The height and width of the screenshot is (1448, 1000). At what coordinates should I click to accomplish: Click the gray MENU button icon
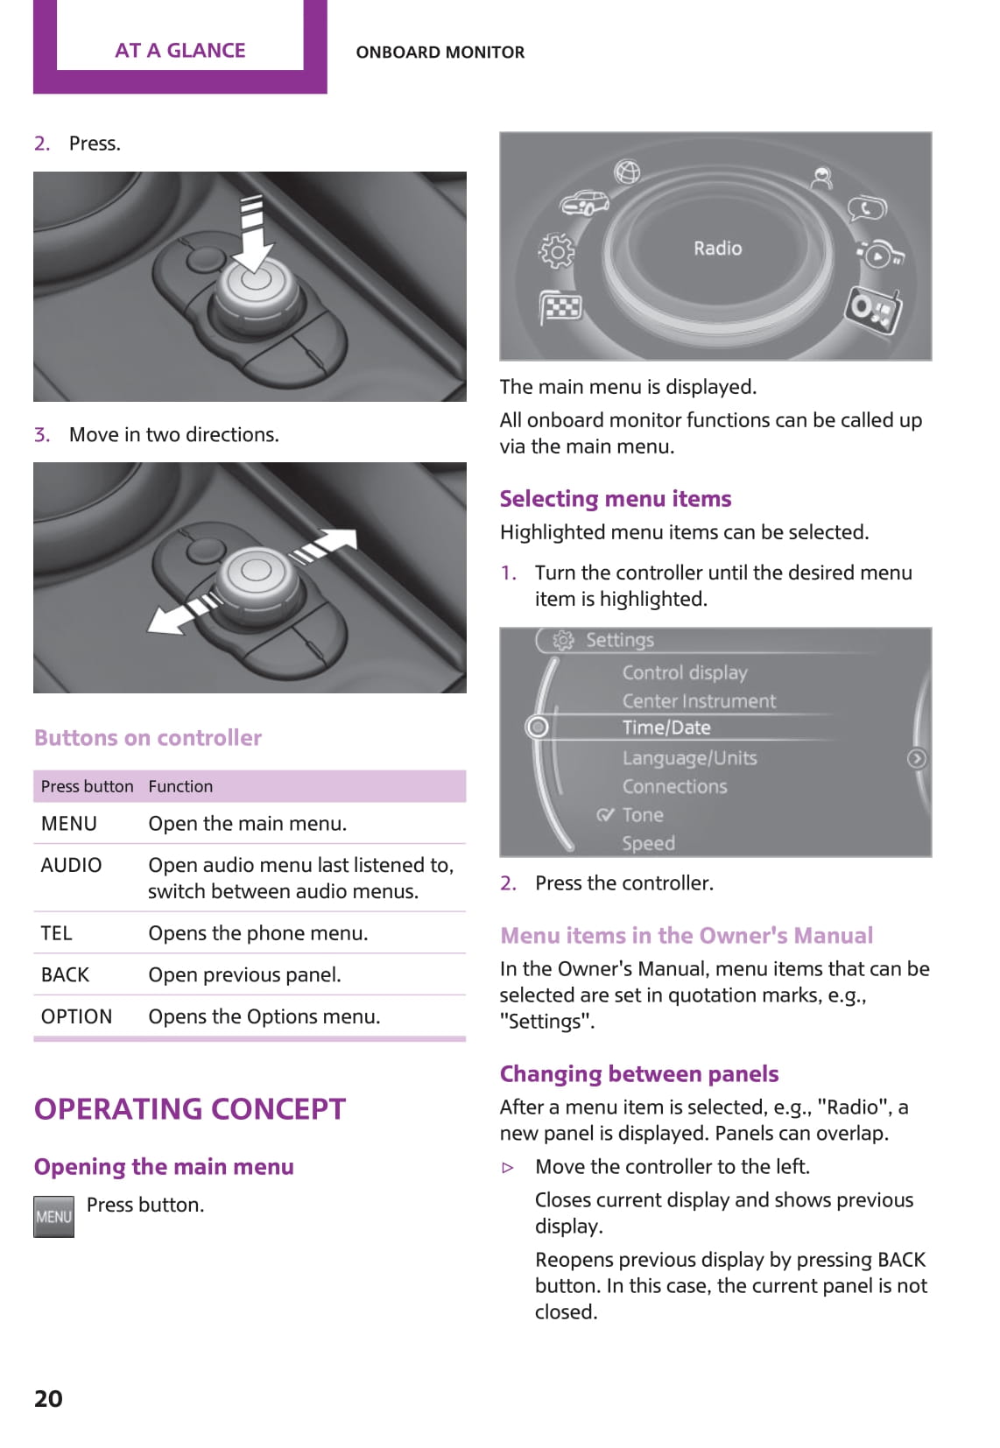[x=53, y=1216]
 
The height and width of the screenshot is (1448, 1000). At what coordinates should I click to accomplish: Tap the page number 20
[x=48, y=1398]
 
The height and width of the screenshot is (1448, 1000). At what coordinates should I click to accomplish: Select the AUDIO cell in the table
[x=71, y=865]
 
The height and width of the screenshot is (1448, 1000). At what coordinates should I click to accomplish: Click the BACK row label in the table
[x=65, y=974]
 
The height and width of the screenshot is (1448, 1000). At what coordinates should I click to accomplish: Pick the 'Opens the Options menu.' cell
[x=264, y=1016]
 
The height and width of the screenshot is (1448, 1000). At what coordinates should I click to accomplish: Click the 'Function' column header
[x=180, y=786]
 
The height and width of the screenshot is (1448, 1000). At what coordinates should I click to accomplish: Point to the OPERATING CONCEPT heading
[x=190, y=1109]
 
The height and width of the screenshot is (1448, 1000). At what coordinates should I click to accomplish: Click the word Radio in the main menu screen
[x=717, y=249]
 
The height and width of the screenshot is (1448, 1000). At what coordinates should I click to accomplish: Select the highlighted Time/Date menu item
[x=666, y=728]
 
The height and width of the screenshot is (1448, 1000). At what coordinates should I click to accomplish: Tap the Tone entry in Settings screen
[x=642, y=815]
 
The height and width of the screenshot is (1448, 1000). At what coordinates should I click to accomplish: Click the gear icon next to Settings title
[x=563, y=640]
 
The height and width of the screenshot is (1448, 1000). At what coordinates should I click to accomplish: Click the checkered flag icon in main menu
[x=561, y=306]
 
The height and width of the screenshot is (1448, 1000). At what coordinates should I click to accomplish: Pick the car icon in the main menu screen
[x=585, y=203]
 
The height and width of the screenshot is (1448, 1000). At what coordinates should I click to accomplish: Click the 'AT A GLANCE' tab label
[x=180, y=51]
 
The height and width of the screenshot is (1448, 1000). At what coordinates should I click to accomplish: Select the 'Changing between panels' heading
[x=639, y=1073]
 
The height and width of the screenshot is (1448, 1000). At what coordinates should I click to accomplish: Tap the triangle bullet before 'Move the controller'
[x=508, y=1167]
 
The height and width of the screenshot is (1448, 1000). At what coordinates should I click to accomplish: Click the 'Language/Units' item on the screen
[x=689, y=758]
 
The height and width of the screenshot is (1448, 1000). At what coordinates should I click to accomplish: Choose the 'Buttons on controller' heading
[x=148, y=738]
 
